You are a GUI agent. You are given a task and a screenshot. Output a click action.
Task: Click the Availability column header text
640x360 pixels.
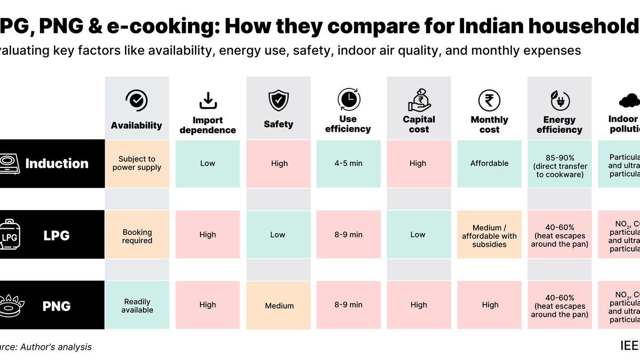pos(137,125)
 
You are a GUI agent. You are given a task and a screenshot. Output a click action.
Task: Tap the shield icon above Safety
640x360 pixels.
pos(278,100)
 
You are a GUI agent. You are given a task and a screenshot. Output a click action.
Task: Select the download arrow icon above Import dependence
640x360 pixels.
pos(207,100)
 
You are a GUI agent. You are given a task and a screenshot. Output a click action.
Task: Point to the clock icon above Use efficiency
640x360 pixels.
pos(348,99)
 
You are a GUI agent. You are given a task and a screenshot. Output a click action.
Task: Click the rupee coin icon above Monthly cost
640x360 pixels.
pos(489,100)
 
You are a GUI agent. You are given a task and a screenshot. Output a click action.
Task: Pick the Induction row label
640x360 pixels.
pos(57,163)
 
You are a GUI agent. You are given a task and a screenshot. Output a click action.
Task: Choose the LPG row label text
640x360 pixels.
pos(57,235)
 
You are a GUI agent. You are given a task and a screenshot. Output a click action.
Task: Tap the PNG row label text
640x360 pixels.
pos(57,306)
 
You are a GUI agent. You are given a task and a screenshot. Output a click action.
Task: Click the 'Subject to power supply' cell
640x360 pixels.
pos(137,163)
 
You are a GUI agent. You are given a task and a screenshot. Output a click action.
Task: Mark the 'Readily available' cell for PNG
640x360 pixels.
pos(137,306)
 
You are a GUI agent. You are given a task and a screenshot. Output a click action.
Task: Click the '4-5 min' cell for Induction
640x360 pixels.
pos(348,163)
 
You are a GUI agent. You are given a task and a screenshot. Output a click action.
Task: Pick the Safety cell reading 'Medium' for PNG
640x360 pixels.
pos(278,306)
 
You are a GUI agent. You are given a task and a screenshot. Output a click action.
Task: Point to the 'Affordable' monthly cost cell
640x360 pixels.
pos(489,163)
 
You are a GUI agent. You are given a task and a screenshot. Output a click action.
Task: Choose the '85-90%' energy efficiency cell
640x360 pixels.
pos(559,163)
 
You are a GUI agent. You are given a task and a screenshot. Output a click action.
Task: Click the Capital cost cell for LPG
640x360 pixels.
pos(419,235)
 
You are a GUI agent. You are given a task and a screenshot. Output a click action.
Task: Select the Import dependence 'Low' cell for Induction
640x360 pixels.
pos(207,163)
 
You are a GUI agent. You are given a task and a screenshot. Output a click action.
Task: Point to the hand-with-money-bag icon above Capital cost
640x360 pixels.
pos(419,100)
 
